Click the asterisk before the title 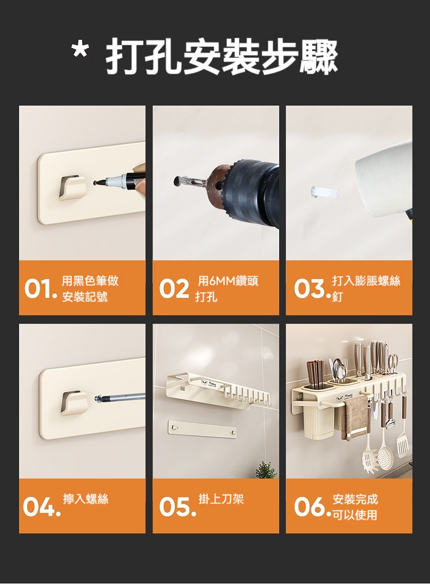80,51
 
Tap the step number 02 174,289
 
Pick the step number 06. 312,507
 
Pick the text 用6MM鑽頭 228,281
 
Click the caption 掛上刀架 221,498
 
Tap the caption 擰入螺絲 85,498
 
